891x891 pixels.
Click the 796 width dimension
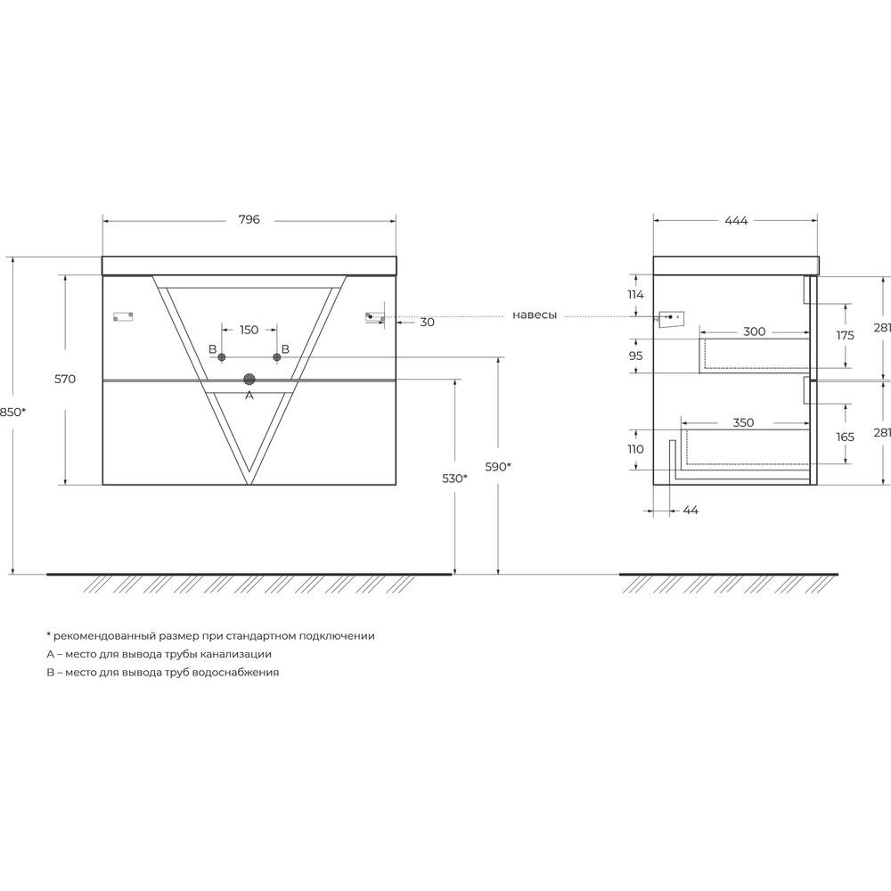pos(249,219)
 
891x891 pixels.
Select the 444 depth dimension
pos(736,220)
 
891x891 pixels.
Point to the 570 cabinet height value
pos(65,379)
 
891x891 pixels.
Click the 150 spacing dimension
pos(249,330)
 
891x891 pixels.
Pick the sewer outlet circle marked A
pos(249,380)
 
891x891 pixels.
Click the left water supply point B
pos(222,357)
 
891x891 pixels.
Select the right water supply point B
pos(277,357)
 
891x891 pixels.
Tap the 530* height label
pos(454,478)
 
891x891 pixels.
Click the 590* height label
pos(498,467)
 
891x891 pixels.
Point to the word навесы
pos(534,315)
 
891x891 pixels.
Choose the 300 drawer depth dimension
pos(754,331)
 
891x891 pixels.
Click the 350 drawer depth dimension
pos(743,422)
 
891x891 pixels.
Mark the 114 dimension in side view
pos(635,294)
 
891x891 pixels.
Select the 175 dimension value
pos(845,335)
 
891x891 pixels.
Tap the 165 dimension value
pos(845,437)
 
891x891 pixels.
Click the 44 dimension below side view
pos(691,511)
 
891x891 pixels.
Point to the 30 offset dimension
pos(428,323)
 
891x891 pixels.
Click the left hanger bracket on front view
pos(123,316)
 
